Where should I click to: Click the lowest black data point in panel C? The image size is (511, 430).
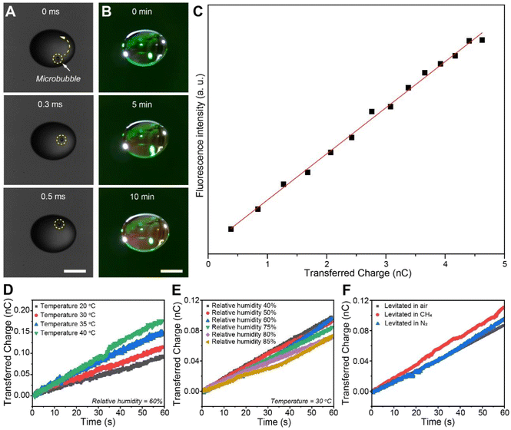(x=231, y=229)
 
